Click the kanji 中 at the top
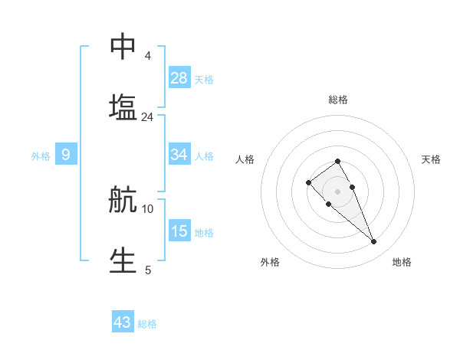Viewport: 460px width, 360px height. pyautogui.click(x=123, y=47)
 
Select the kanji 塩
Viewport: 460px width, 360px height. pyautogui.click(x=123, y=107)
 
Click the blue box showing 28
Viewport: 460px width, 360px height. pyautogui.click(x=179, y=78)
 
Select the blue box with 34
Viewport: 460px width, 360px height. pyautogui.click(x=179, y=155)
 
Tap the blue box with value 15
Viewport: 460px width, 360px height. pyautogui.click(x=179, y=231)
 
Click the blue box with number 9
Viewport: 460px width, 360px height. pyautogui.click(x=66, y=155)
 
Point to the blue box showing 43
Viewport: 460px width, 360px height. pyautogui.click(x=123, y=322)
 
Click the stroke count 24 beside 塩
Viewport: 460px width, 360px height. pyautogui.click(x=147, y=117)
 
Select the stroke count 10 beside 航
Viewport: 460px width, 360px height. pyautogui.click(x=148, y=208)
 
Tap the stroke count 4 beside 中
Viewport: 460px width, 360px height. pyautogui.click(x=148, y=56)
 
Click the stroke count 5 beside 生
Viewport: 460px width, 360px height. pyautogui.click(x=148, y=270)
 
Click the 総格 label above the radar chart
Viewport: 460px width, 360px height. pyautogui.click(x=338, y=100)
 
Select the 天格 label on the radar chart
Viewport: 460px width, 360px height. pyautogui.click(x=431, y=159)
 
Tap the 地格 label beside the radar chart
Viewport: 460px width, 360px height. pyautogui.click(x=402, y=262)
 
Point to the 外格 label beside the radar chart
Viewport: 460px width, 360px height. pyautogui.click(x=270, y=262)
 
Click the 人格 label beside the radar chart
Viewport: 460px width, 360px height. pyautogui.click(x=245, y=159)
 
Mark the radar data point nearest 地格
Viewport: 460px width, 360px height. pyautogui.click(x=373, y=242)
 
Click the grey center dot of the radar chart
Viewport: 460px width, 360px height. pyautogui.click(x=337, y=191)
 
